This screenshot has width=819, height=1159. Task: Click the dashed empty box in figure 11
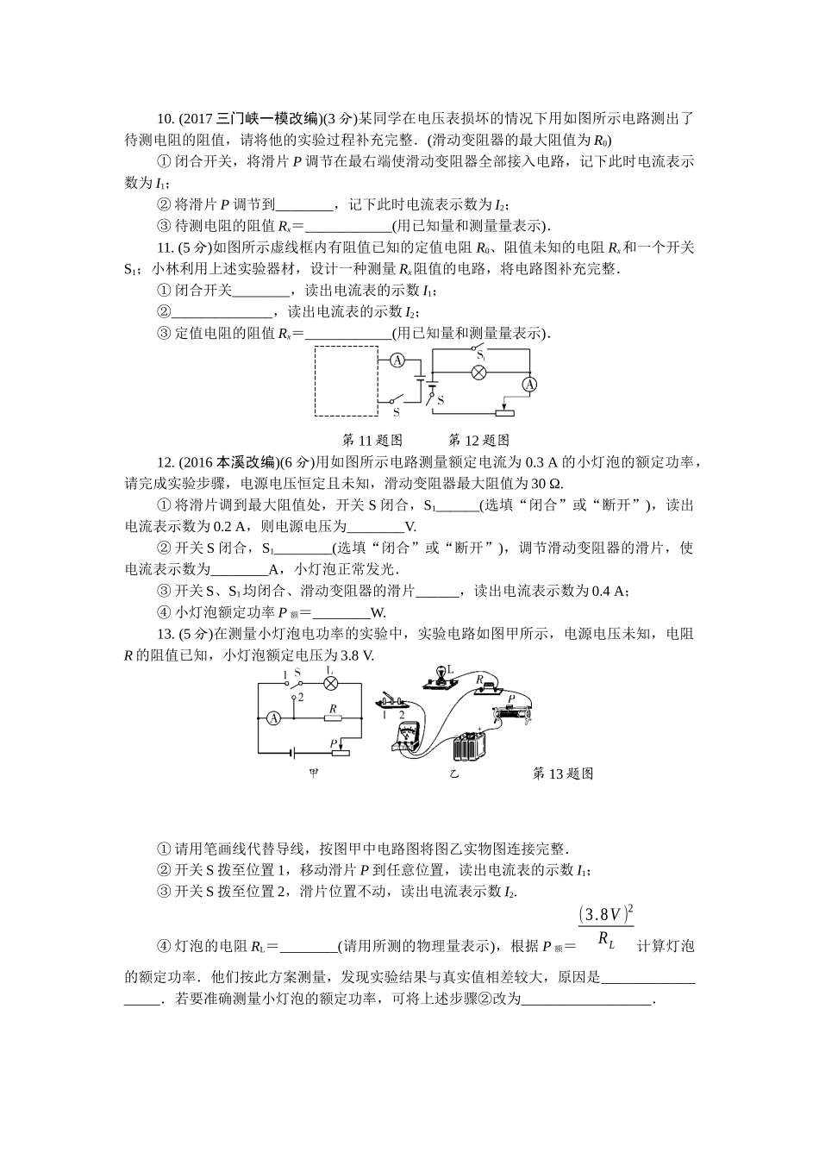point(345,380)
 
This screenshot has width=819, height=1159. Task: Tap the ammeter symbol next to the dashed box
point(397,360)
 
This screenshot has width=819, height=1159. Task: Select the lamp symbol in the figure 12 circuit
point(482,373)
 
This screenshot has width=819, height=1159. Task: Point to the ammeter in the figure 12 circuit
point(531,384)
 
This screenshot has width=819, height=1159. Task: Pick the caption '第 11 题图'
point(372,440)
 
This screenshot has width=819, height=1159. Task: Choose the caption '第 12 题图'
point(479,440)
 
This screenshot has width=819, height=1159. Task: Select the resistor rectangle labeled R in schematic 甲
point(331,717)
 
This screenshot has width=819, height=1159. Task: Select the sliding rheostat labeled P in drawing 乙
point(514,711)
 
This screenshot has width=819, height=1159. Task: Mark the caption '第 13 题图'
point(564,773)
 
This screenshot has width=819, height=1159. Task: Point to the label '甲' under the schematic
point(314,773)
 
